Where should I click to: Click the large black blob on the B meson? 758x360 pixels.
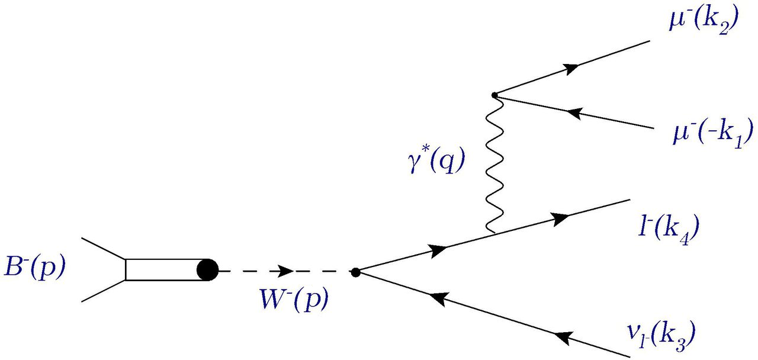(207, 271)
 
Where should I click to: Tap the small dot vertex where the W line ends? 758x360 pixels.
(355, 272)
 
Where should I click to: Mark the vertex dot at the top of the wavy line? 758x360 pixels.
(494, 95)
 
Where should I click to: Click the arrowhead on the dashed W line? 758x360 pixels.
(285, 271)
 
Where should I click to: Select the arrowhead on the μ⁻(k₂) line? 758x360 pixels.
(571, 69)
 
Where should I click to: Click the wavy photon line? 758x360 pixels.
(491, 166)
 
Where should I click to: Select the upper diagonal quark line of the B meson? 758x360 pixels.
(103, 249)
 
